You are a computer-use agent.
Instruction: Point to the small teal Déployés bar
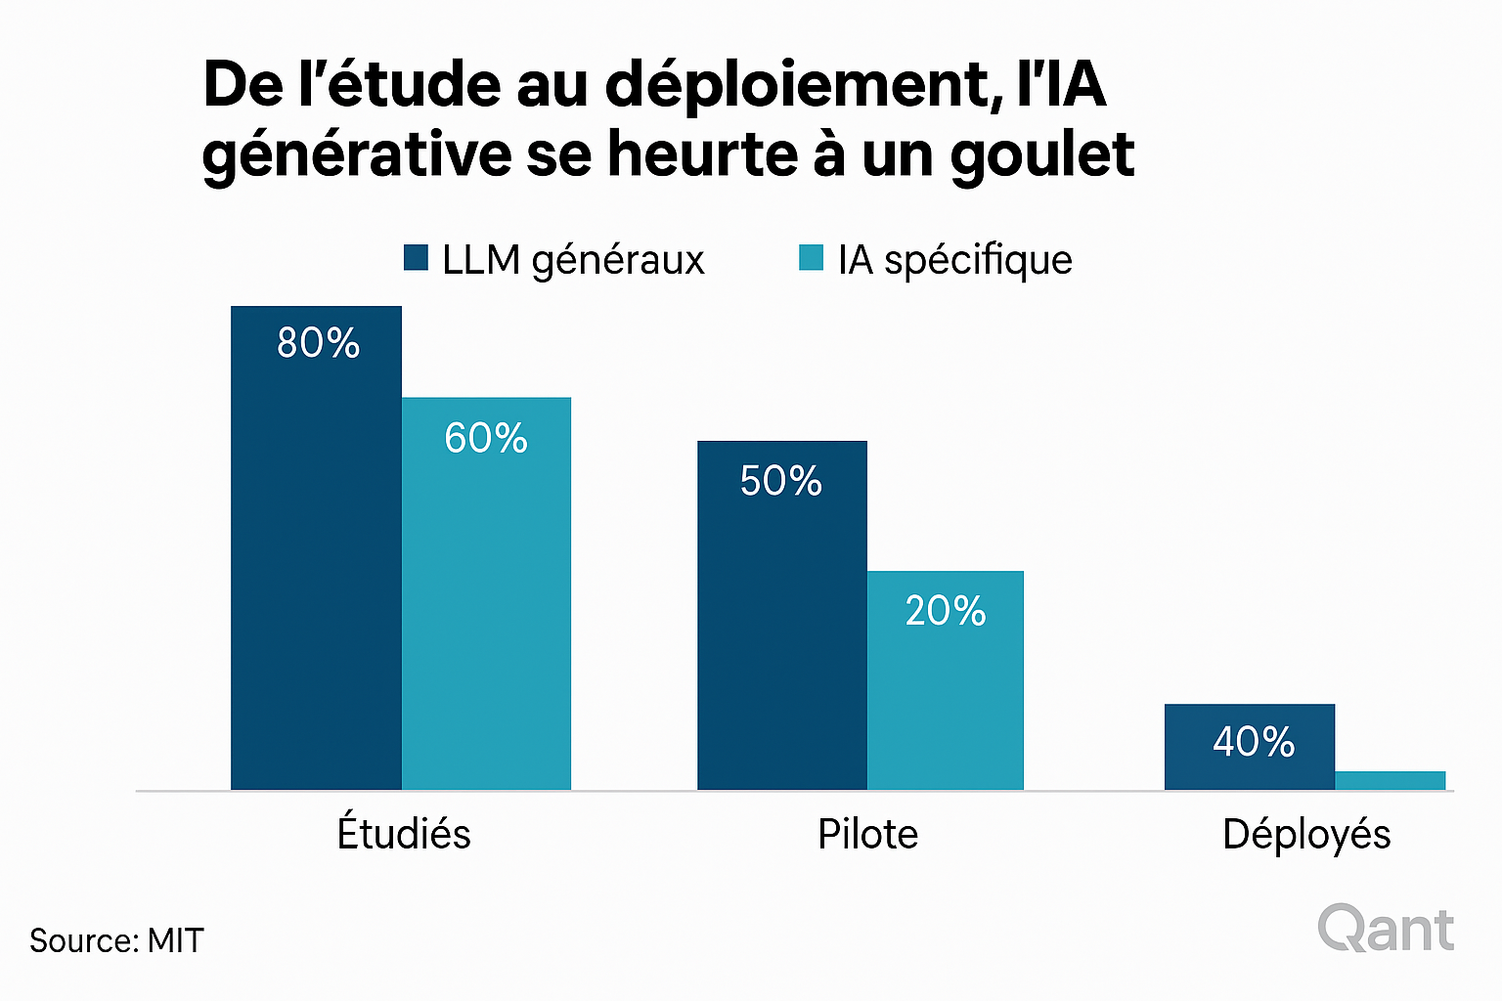point(1390,780)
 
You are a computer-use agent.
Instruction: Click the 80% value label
point(318,343)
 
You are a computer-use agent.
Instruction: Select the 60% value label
point(486,438)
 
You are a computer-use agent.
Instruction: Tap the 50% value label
point(780,481)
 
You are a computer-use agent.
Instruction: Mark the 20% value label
point(945,611)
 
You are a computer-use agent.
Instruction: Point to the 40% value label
point(1253,742)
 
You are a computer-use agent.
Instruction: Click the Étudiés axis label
point(404,834)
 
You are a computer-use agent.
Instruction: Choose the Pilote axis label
point(867,835)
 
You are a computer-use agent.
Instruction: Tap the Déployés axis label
point(1306,834)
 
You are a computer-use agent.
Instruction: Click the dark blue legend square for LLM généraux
point(416,258)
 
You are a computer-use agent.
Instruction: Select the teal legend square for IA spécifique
point(811,258)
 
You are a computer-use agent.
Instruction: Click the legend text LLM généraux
point(573,260)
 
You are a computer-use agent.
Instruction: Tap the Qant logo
point(1386,929)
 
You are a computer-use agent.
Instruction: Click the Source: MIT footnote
point(116,940)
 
